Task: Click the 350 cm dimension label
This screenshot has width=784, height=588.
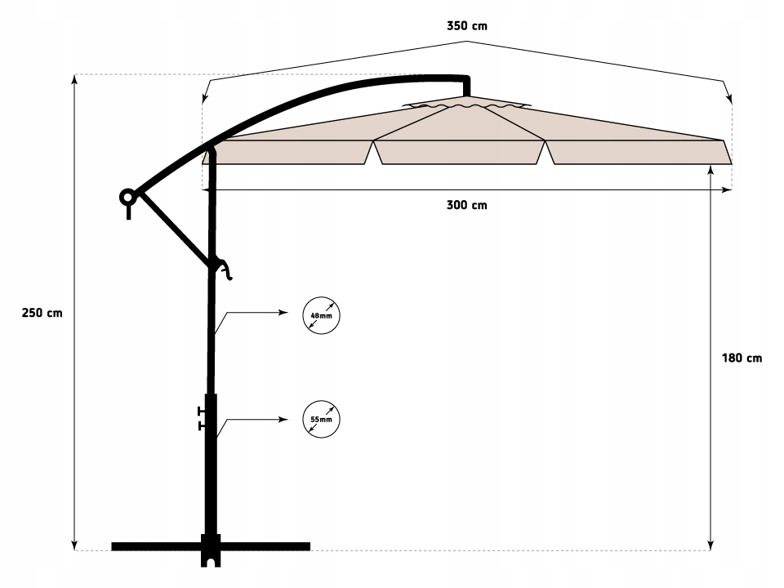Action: pos(467,26)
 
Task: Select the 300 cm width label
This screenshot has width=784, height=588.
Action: pos(467,205)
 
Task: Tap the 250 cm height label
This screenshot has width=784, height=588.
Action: pos(41,313)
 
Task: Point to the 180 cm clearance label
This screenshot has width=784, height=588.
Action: pos(742,358)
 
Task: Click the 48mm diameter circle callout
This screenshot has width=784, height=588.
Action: pos(321,314)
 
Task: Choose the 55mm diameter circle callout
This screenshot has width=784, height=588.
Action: pos(321,420)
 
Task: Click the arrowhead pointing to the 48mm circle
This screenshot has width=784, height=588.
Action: pos(283,313)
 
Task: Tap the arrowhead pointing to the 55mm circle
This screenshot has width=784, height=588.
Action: pos(283,419)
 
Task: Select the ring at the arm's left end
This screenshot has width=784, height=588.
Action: pos(127,197)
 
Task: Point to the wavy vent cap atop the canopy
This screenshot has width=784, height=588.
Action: pos(465,106)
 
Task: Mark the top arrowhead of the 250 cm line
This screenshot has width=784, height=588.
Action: pos(75,79)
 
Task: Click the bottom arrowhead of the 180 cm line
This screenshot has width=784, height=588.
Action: pos(711,544)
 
